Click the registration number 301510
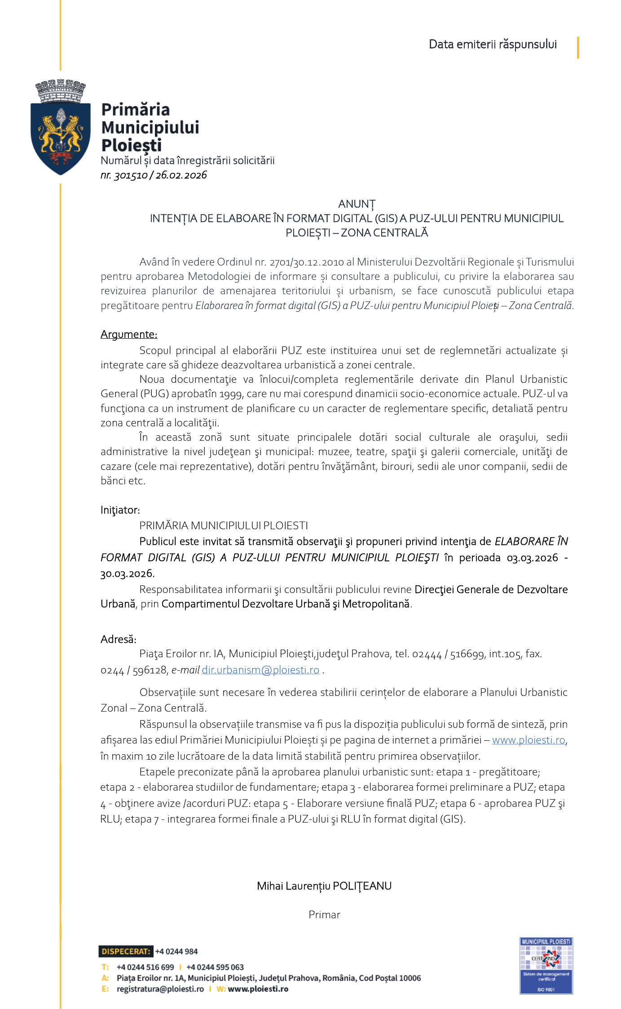[x=131, y=175]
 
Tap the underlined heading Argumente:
[x=129, y=334]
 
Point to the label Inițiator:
[x=120, y=510]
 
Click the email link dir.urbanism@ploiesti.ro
[x=260, y=670]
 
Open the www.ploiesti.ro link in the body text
[x=528, y=740]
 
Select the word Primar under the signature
[x=324, y=915]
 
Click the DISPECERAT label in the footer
[x=126, y=951]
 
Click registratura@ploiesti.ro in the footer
[x=160, y=989]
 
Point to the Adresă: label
[x=119, y=639]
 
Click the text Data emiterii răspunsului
[x=493, y=44]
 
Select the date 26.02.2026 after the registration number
[x=181, y=175]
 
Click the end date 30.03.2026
[x=128, y=574]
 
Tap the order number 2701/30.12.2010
[x=307, y=262]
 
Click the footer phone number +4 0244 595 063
[x=215, y=967]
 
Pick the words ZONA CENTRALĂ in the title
[x=384, y=233]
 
